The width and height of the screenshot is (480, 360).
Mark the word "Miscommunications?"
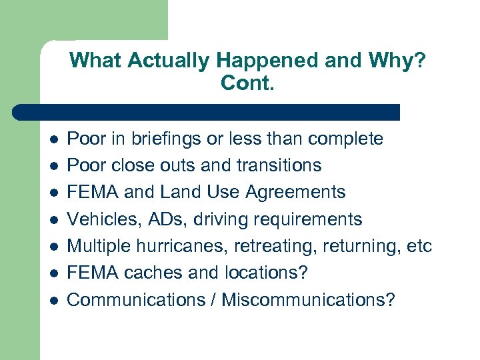309,300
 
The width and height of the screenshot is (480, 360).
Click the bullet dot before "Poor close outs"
53,166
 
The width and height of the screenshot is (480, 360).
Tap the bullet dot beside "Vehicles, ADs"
53,220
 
